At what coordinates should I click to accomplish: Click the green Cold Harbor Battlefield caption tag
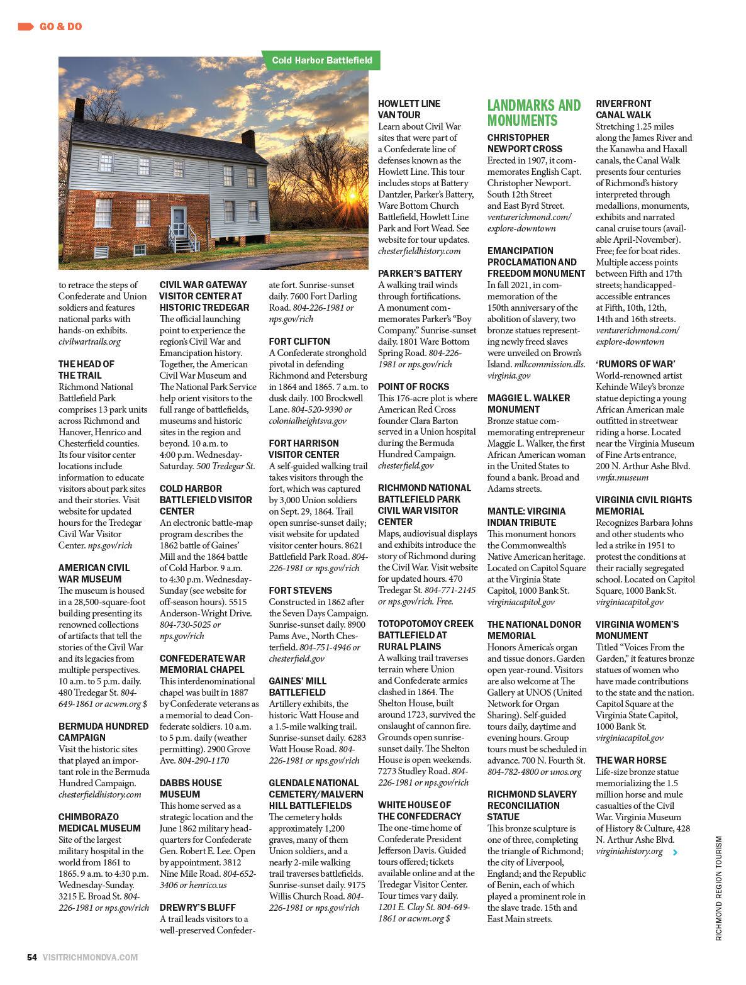322,61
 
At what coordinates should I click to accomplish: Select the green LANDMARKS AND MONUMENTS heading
534,113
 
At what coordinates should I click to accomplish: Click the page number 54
31,957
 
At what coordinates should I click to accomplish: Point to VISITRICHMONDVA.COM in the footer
90,957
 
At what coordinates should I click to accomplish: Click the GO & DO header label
60,26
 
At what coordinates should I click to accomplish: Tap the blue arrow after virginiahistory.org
676,852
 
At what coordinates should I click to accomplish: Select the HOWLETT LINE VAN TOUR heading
409,109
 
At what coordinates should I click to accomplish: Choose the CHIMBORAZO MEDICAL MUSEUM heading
99,822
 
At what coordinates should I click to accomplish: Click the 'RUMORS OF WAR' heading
635,364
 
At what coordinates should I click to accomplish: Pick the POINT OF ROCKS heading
413,386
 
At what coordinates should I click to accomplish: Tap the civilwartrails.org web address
89,342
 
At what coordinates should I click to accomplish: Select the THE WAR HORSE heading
631,760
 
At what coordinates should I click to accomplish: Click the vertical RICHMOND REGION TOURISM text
719,887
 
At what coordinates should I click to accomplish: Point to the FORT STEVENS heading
301,590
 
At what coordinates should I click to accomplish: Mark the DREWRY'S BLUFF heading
198,907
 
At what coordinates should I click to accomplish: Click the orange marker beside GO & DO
26,26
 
